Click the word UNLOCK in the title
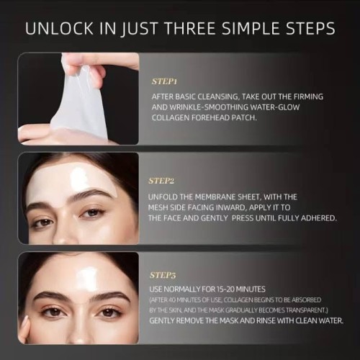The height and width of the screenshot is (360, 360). (x=59, y=28)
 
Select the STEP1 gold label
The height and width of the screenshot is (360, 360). (x=164, y=81)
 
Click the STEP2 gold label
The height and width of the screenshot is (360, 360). (x=161, y=181)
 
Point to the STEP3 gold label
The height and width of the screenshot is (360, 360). (x=163, y=275)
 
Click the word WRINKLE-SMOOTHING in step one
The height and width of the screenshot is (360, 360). (x=209, y=107)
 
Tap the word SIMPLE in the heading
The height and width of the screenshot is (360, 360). (x=251, y=28)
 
